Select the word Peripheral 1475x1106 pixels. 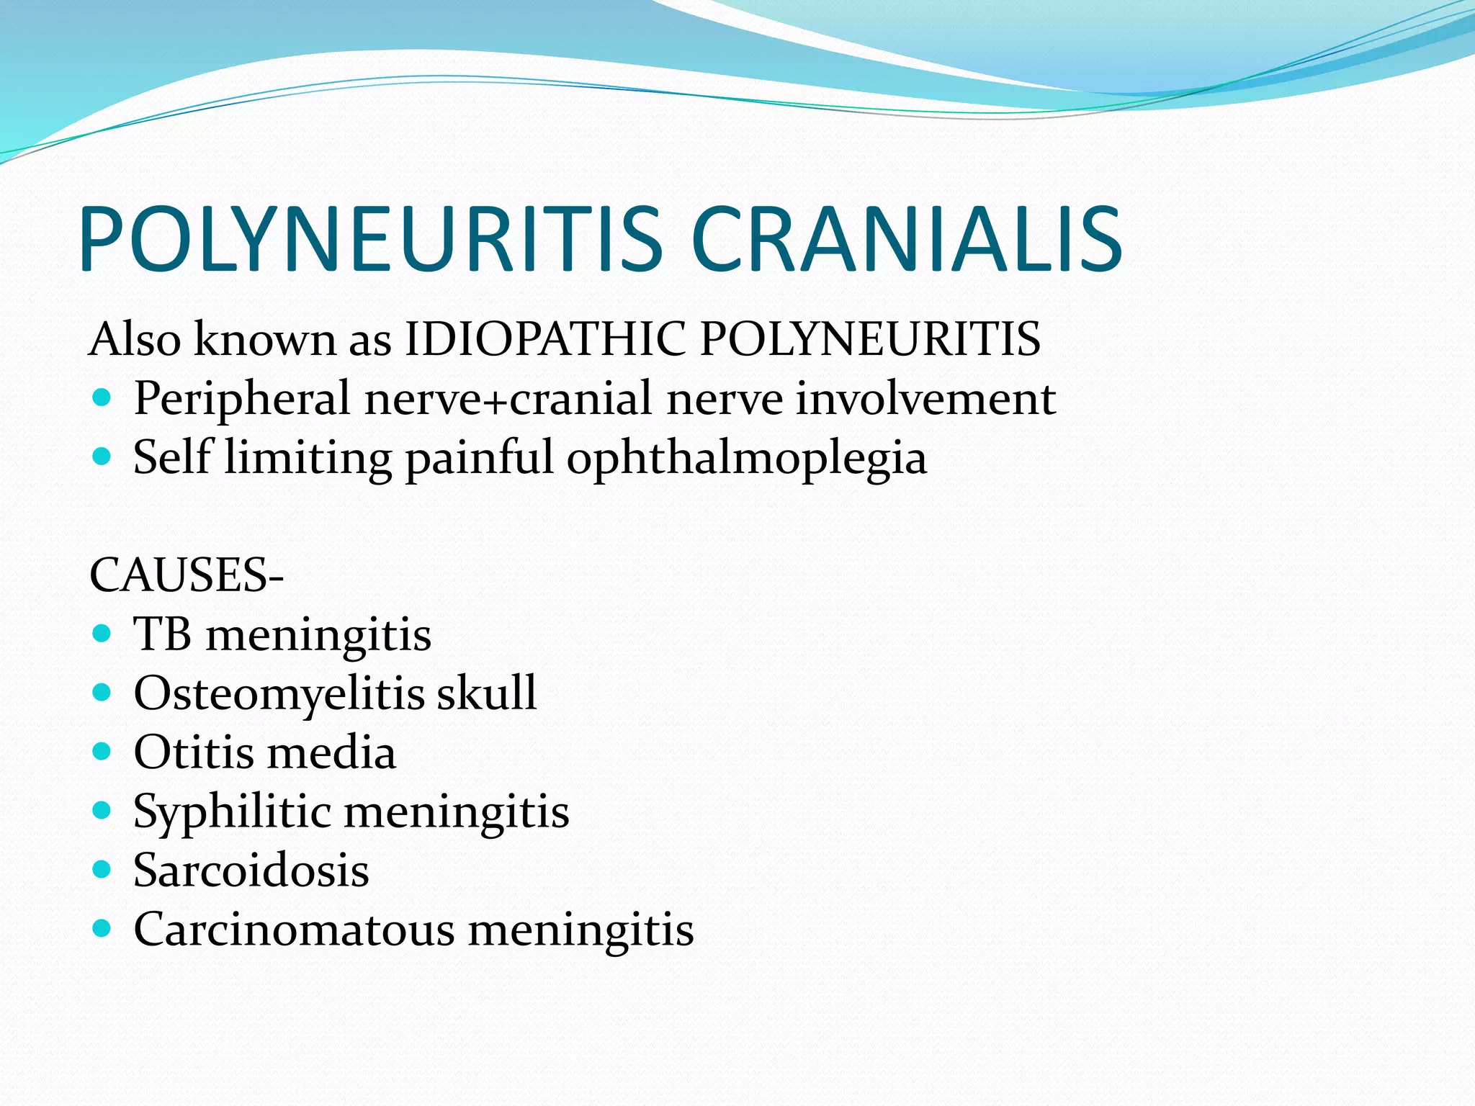[x=242, y=398]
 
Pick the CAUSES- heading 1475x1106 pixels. [x=187, y=576]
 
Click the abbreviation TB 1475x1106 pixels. [x=163, y=634]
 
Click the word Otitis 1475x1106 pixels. [x=193, y=752]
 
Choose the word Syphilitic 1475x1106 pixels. [x=232, y=812]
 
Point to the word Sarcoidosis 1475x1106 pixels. [x=251, y=871]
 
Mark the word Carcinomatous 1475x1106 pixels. [x=294, y=930]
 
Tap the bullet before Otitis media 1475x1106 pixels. [x=102, y=752]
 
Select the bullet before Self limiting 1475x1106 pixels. [x=102, y=456]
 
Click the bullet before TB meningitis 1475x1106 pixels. [x=102, y=634]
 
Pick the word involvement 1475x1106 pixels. [x=925, y=398]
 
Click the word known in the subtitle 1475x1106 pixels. [x=264, y=338]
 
